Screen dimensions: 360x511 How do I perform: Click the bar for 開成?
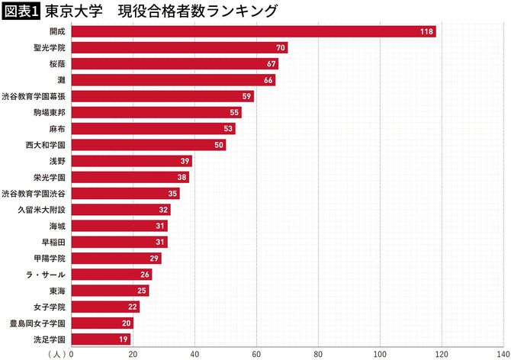pos(252,31)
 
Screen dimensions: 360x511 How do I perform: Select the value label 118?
pos(426,31)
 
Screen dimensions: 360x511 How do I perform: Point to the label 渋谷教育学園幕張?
pos(34,96)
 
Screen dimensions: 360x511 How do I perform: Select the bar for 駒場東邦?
pos(156,112)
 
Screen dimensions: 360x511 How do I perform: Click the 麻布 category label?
pos(56,128)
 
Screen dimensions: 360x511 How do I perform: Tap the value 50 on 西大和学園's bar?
pos(218,145)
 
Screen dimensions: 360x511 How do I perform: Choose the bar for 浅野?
pos(131,161)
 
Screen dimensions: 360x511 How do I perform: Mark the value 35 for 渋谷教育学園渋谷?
pos(172,194)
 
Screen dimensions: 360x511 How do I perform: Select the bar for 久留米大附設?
pos(121,210)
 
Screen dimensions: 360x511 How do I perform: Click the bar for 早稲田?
pos(119,242)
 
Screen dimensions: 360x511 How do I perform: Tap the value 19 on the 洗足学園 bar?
pos(124,339)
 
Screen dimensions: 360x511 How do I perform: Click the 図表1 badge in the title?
pos(21,11)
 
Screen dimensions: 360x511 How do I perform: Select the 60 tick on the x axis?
pos(256,354)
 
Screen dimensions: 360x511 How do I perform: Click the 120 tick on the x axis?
pos(441,354)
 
